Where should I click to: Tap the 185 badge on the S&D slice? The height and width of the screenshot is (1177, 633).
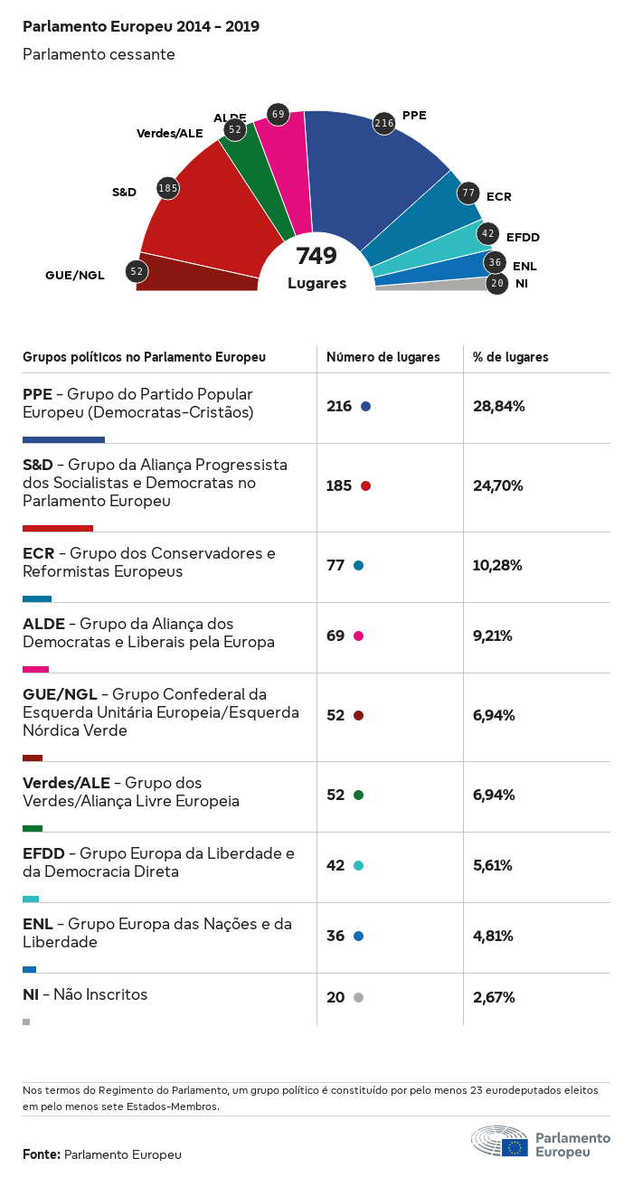click(167, 188)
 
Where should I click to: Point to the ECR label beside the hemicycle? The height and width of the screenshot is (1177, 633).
click(498, 196)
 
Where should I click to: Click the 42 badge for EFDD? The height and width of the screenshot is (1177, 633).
click(488, 234)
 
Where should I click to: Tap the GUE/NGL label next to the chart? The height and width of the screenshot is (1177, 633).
click(75, 275)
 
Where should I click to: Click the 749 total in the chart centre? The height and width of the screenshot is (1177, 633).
click(316, 256)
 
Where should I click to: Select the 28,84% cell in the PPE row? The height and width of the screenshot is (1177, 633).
click(498, 407)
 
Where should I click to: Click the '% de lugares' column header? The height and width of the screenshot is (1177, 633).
click(510, 357)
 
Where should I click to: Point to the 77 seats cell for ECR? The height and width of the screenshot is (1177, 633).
click(335, 566)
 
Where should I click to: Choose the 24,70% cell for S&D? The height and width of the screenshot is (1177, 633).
click(498, 486)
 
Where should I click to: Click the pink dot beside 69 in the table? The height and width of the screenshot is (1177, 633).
click(359, 636)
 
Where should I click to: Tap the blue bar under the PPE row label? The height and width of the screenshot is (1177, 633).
click(63, 439)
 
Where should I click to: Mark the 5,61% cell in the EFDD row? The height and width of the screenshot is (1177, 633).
click(493, 866)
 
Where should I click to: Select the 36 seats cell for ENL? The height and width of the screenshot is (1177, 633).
click(335, 937)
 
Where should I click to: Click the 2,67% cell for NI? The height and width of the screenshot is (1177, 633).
click(494, 998)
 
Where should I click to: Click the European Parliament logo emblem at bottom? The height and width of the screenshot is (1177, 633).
click(500, 1142)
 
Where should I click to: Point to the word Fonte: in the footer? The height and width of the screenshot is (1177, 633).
click(42, 1154)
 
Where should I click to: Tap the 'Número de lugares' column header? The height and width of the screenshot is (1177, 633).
click(383, 357)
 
